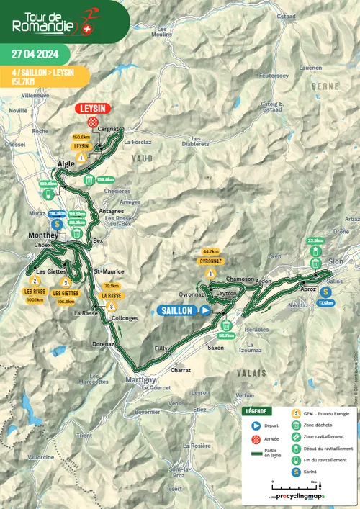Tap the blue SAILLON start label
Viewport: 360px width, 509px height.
tap(176, 310)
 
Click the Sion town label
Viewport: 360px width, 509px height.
tap(336, 261)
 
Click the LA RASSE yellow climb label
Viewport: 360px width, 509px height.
tap(111, 295)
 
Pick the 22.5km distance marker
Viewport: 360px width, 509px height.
tap(315, 240)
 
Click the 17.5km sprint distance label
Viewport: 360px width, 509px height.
tap(325, 303)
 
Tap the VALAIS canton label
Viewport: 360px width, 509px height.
tap(252, 372)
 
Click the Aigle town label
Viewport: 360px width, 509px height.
tap(66, 163)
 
